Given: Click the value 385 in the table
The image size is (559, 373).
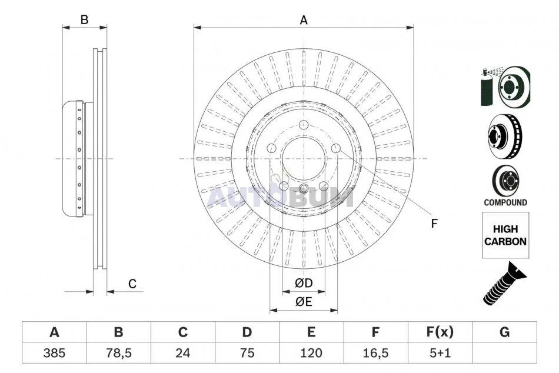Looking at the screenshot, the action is pos(54,353).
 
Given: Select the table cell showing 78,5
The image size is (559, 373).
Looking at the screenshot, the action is pos(119,353).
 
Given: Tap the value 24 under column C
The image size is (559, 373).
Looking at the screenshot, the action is pos(183,353).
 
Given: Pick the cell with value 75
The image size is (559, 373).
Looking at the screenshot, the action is pos(247,353).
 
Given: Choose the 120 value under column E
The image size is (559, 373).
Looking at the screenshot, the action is pos(312,353).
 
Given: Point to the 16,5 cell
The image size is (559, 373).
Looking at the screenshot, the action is pos(376,353).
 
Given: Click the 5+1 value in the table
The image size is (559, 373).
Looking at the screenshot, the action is pos(440,353).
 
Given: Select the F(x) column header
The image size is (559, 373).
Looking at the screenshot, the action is pos(440,332).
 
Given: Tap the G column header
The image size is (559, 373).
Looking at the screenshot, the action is pos(504,332).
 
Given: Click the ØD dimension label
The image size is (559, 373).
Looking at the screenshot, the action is pos(304,283).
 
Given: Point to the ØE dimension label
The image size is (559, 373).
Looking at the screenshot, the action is pos(304,302).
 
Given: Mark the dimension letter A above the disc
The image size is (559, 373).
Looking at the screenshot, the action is pos(304,21).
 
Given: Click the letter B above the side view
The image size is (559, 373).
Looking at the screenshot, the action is pos(84,19).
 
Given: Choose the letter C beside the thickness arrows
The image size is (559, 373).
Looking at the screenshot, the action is pos(132,284).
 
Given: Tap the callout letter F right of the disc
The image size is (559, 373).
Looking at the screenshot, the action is pos(434,224).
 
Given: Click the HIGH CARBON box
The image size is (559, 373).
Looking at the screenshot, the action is pos(505,235).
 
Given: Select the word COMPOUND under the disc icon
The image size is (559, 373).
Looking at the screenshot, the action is pos(505,202).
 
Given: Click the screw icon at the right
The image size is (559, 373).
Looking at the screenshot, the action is pos(504,284).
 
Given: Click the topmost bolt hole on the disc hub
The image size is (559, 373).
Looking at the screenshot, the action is pos(304,125).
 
